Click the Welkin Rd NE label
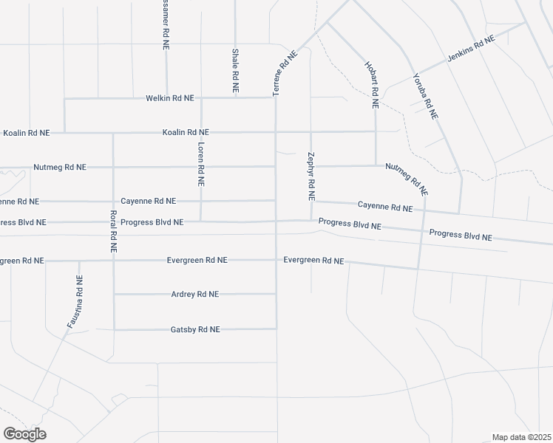pos(169,97)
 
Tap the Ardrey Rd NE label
pos(195,294)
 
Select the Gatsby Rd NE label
pos(195,329)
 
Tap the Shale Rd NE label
pos(235,70)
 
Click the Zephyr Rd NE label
pos(311,177)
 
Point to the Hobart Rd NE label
pos(371,85)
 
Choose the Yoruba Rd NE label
pos(425,95)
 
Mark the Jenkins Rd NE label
pos(471,52)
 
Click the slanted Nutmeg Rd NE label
pos(406,179)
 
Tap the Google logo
pos(24,433)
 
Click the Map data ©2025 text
pos(521,436)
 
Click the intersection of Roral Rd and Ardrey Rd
pos(114,294)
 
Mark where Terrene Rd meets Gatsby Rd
pos(276,329)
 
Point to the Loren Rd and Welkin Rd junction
pos(201,97)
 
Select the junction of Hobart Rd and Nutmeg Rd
pos(376,165)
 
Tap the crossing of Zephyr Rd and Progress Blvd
pos(311,220)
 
